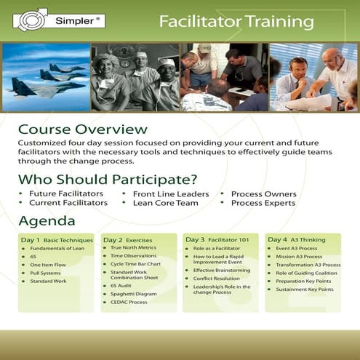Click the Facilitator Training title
click(236, 22)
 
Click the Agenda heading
click(47, 221)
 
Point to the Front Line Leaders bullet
click(171, 194)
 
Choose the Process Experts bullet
click(263, 203)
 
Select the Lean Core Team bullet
click(165, 203)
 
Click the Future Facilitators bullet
click(66, 194)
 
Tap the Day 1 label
click(31, 239)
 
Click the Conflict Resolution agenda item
click(217, 278)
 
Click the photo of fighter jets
click(45, 77)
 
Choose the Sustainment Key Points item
click(304, 289)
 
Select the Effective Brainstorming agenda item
click(222, 270)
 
